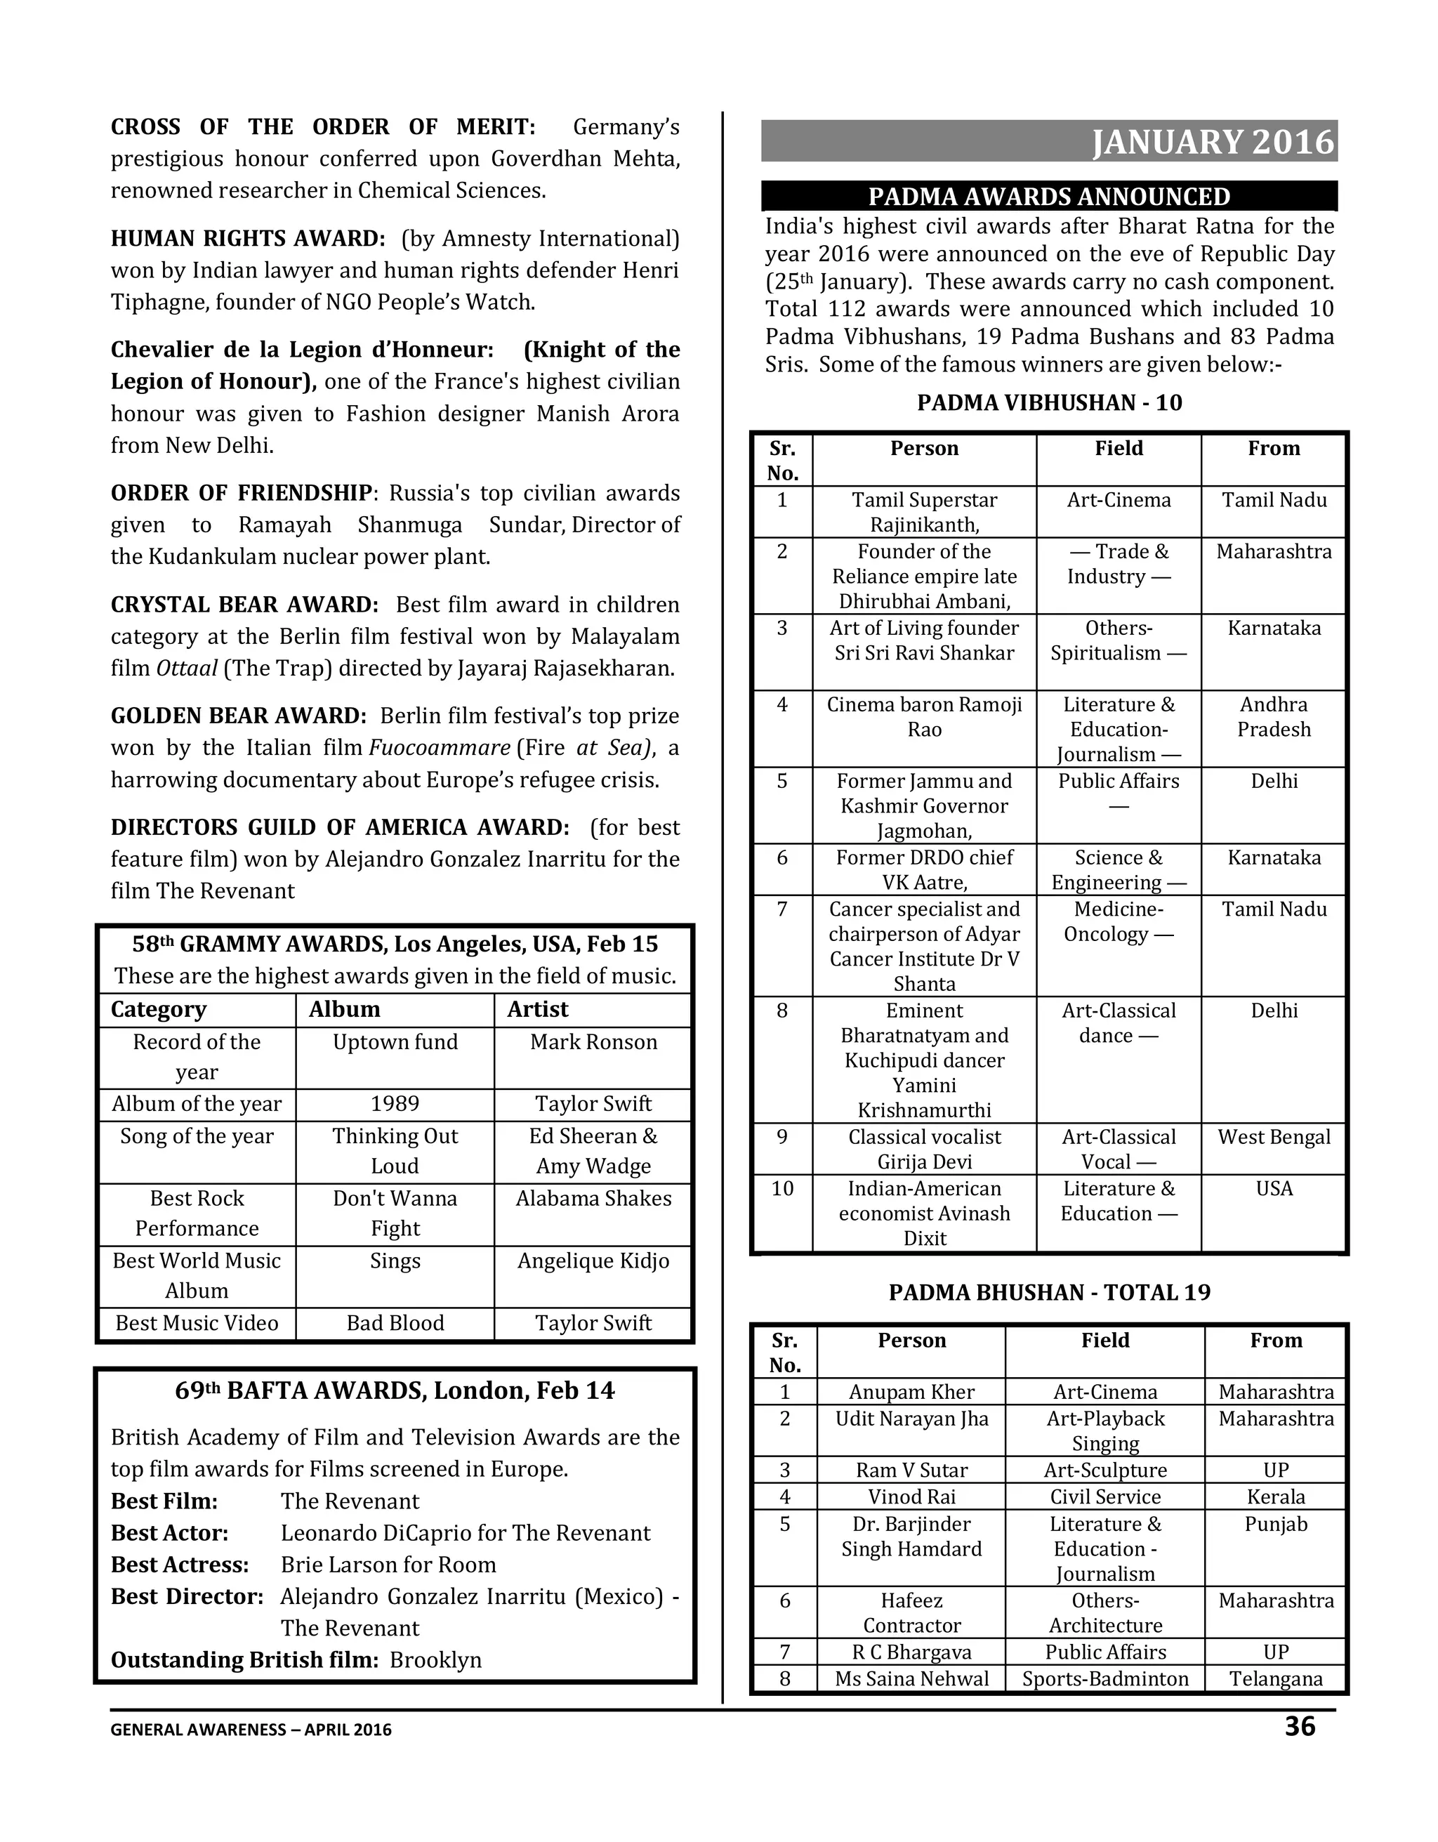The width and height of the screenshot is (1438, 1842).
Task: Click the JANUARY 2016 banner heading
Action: click(x=1213, y=142)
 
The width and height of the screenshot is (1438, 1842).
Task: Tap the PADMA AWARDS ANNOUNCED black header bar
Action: click(x=1048, y=197)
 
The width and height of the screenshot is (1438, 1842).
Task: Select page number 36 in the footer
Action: click(x=1299, y=1725)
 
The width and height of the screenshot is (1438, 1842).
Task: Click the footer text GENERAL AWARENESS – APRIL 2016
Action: click(x=251, y=1729)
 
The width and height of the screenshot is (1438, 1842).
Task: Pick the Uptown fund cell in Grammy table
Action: click(x=395, y=1041)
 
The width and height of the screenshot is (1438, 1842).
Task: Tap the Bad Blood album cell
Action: click(x=395, y=1322)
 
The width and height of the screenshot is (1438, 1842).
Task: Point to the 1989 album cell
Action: click(x=395, y=1103)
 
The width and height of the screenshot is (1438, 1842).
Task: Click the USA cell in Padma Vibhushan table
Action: click(x=1274, y=1188)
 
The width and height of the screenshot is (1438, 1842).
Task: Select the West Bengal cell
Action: click(x=1274, y=1137)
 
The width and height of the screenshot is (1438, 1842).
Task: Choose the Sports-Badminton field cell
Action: click(x=1105, y=1678)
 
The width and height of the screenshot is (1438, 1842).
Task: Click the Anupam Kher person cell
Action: click(x=911, y=1392)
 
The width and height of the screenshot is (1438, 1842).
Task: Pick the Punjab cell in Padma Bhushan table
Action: click(x=1275, y=1524)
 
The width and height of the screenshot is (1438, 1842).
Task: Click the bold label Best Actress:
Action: click(x=180, y=1565)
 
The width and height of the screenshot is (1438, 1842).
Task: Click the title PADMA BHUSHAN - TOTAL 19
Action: click(x=1049, y=1292)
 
